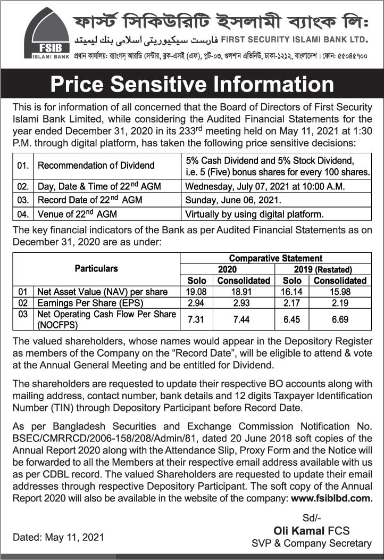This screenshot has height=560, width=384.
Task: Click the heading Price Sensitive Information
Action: (x=191, y=85)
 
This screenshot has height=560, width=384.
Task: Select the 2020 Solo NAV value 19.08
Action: (x=197, y=292)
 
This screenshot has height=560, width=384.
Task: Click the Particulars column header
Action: (x=96, y=268)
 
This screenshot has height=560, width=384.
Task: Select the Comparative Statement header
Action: (x=275, y=258)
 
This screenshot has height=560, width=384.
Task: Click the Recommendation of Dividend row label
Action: (x=96, y=166)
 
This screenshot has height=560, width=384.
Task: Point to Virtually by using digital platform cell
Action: (x=254, y=215)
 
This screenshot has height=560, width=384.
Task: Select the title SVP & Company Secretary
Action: (x=311, y=543)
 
